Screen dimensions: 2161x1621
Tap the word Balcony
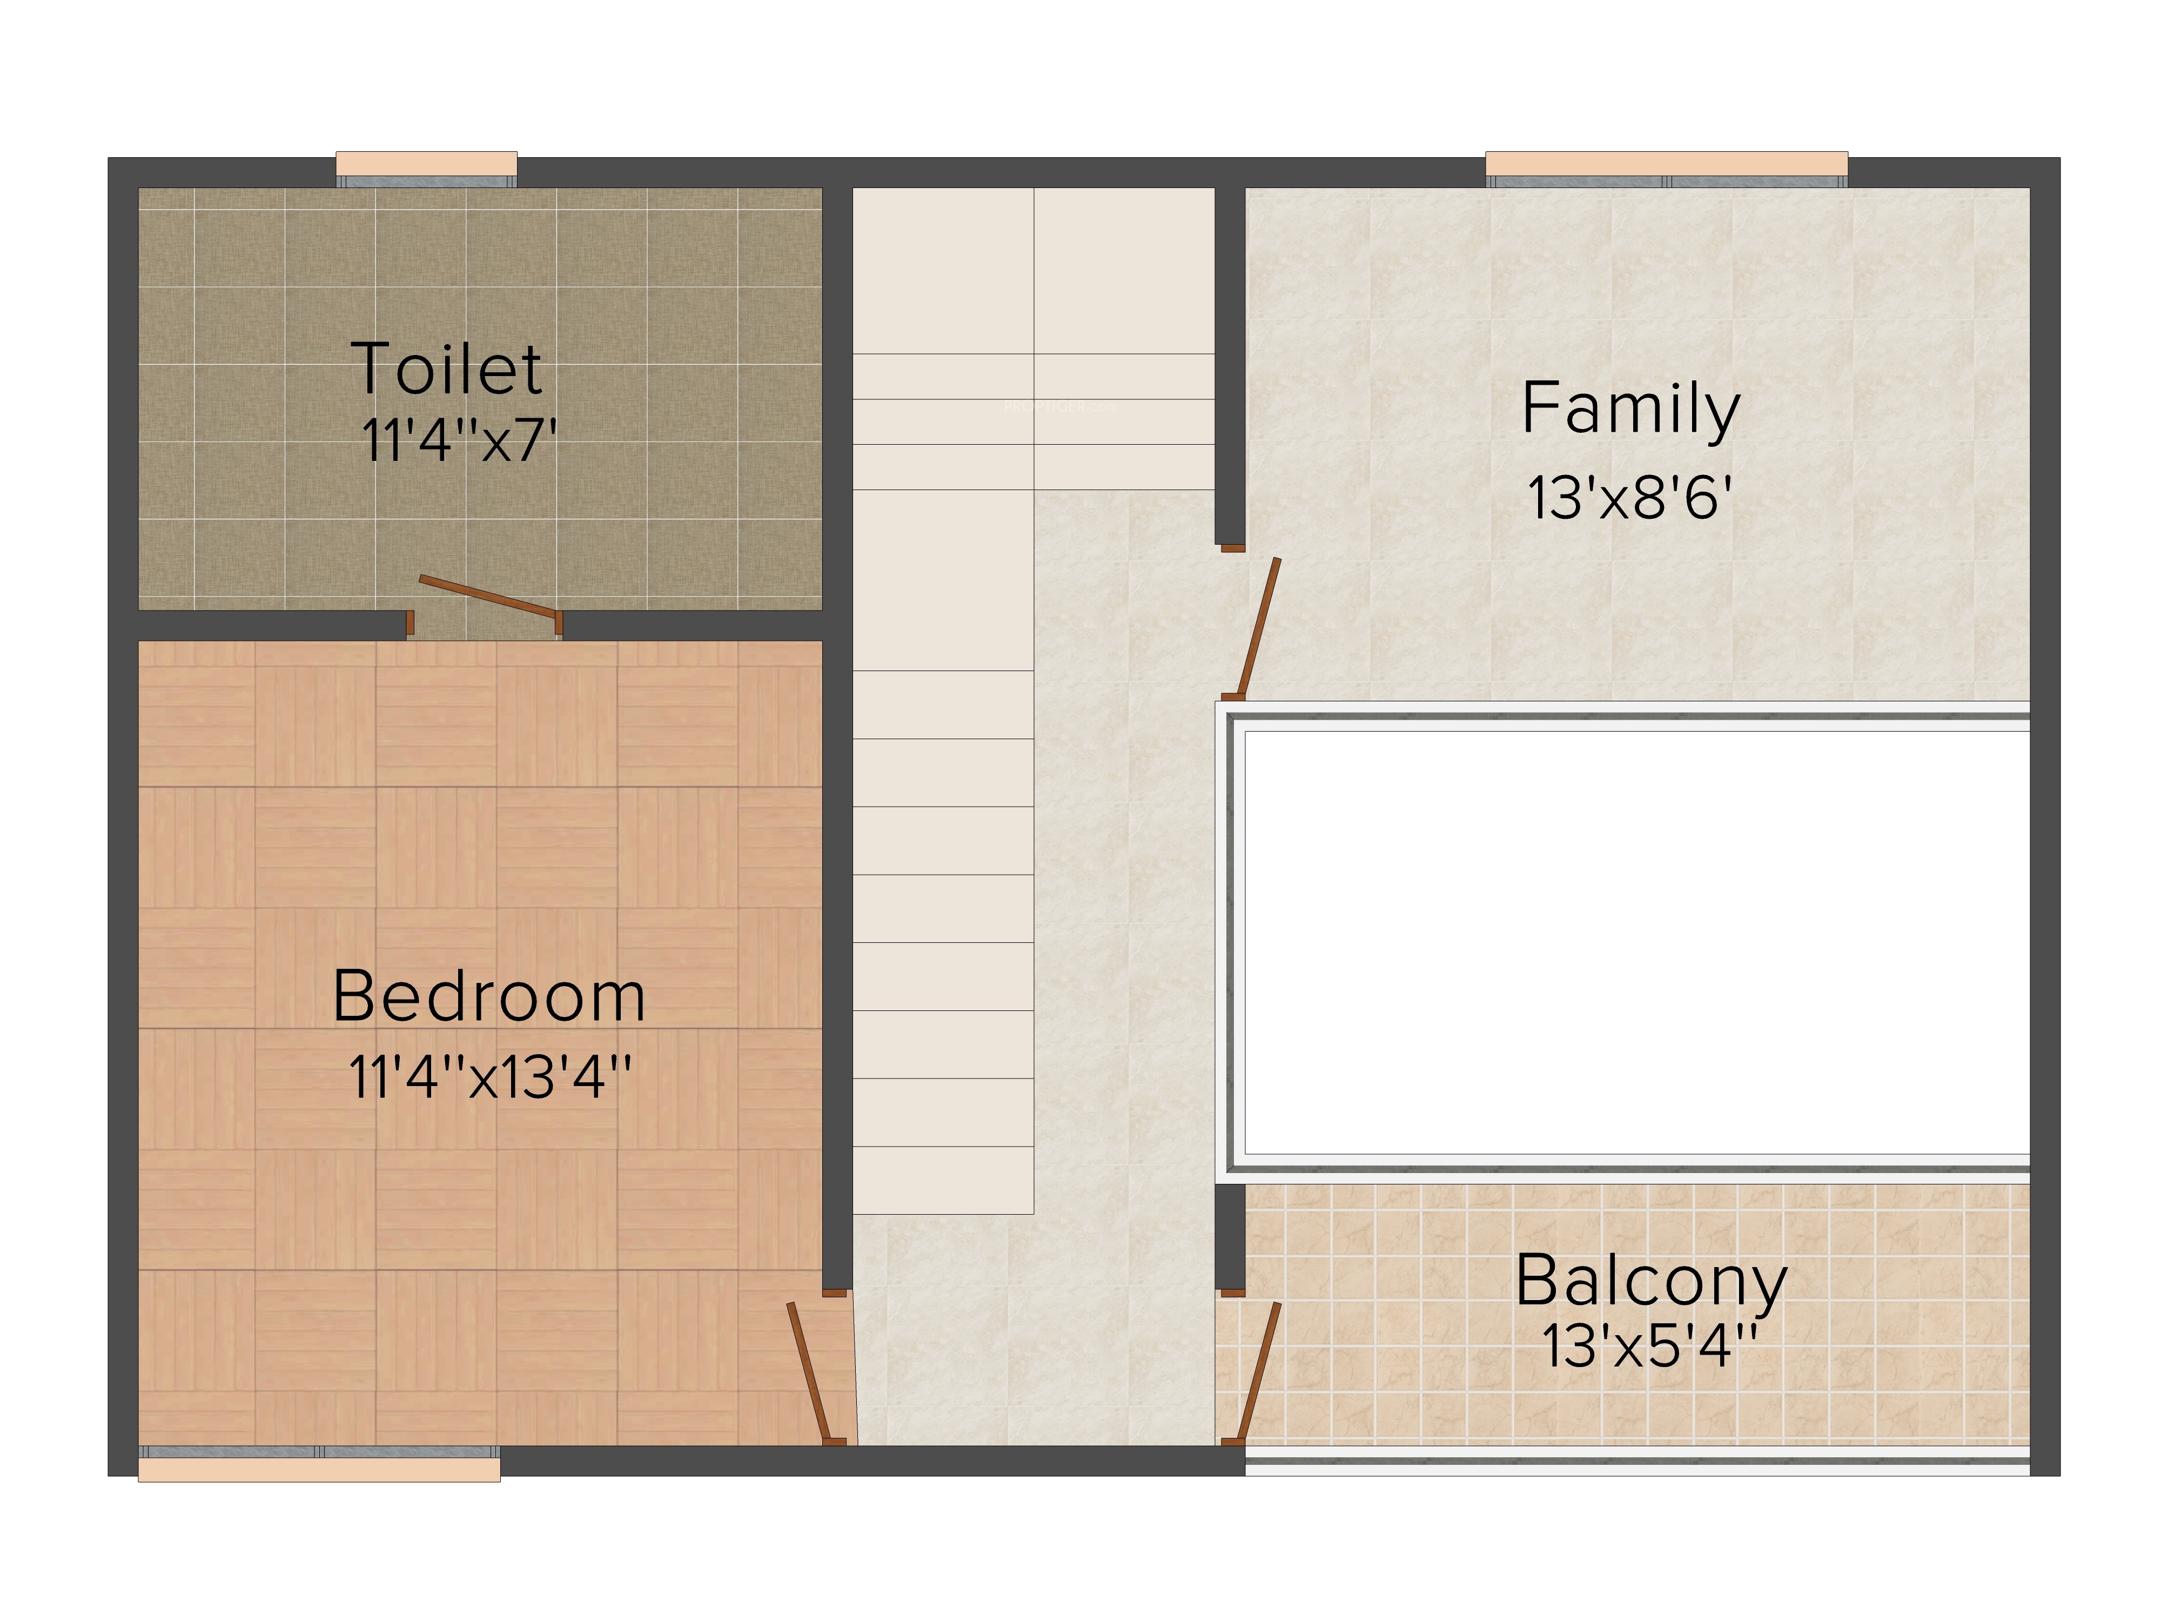click(x=1651, y=1283)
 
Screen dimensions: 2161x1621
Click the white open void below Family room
click(x=1637, y=943)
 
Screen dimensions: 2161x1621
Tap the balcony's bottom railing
click(x=1637, y=1460)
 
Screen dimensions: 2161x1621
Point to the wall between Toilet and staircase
click(x=837, y=399)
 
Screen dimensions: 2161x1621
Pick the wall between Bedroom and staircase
click(x=837, y=964)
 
